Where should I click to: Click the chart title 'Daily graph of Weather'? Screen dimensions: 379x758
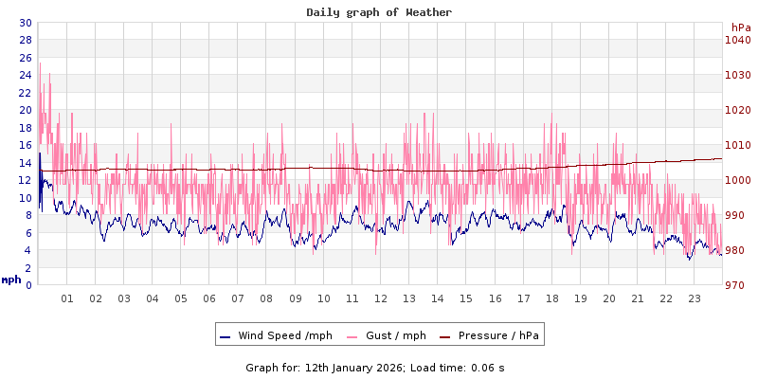point(379,12)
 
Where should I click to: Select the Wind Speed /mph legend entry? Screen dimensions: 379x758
point(285,335)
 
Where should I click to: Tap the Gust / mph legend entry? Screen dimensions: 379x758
point(395,335)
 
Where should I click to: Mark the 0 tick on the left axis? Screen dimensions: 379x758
point(28,285)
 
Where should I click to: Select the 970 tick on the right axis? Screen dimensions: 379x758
point(736,285)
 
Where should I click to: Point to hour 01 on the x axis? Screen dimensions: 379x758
point(67,298)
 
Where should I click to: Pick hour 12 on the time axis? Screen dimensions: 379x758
point(380,298)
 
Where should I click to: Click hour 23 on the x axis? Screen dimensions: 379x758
point(695,298)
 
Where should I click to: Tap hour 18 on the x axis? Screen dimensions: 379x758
point(551,298)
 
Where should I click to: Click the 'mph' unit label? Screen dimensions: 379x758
point(11,280)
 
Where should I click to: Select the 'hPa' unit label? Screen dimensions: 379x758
point(740,27)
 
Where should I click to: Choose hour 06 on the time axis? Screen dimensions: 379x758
point(209,298)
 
